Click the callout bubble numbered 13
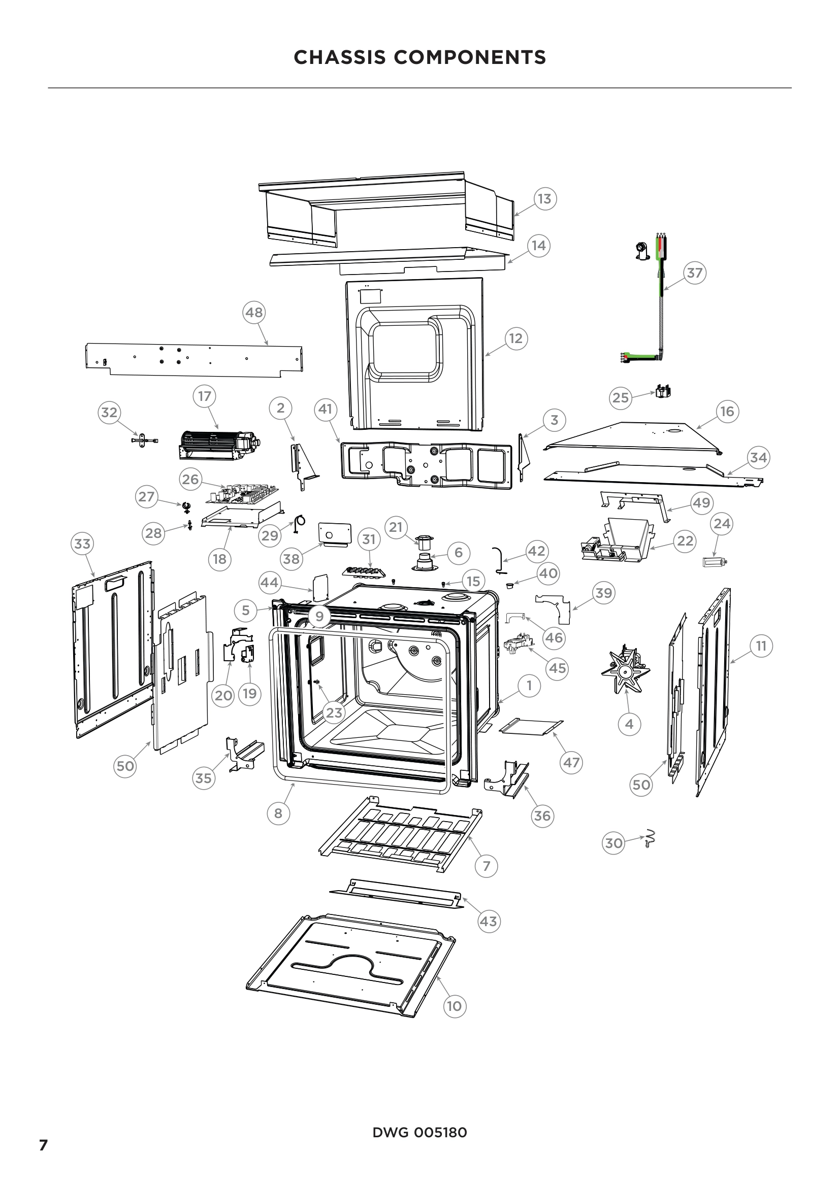click(544, 199)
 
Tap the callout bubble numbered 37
click(695, 273)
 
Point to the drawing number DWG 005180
click(419, 1132)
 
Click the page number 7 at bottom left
click(44, 1145)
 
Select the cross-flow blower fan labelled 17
click(217, 445)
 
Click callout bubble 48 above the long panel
click(253, 312)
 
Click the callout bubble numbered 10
click(454, 1006)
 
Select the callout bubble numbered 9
click(319, 616)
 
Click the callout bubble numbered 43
click(488, 921)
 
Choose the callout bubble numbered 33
click(82, 544)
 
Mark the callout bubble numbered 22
click(685, 541)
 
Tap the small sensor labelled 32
click(144, 440)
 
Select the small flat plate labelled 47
click(531, 726)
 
